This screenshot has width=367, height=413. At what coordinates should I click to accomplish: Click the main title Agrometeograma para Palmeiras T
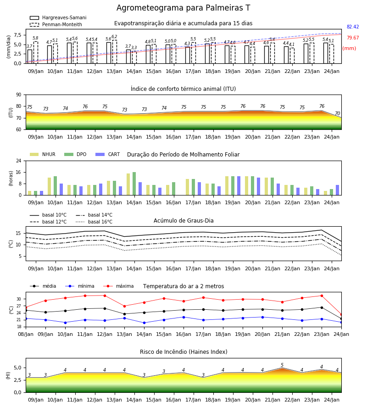click(x=183, y=8)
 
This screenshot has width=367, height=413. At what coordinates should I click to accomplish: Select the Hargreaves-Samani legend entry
click(x=58, y=17)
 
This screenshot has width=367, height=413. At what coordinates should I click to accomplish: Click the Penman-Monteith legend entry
click(x=56, y=24)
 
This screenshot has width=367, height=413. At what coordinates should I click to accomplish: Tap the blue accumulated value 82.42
click(x=353, y=27)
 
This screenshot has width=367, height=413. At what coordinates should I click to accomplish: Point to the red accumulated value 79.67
click(x=353, y=38)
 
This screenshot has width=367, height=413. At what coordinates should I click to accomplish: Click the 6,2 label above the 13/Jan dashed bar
click(x=114, y=37)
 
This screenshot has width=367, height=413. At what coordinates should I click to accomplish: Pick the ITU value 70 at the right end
click(x=338, y=113)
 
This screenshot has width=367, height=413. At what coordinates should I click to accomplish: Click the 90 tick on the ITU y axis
click(x=19, y=95)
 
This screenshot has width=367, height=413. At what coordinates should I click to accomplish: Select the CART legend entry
click(x=108, y=154)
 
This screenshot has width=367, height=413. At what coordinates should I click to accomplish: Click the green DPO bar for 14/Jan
click(x=134, y=184)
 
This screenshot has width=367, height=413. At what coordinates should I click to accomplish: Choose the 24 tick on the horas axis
click(x=19, y=161)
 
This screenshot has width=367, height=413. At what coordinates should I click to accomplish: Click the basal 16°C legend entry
click(x=94, y=222)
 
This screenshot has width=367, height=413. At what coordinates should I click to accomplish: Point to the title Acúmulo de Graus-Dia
click(x=183, y=221)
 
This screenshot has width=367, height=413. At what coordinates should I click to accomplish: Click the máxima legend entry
click(x=118, y=286)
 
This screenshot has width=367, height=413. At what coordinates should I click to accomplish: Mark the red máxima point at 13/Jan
click(x=124, y=306)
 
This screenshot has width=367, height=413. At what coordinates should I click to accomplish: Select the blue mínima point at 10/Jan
click(x=65, y=323)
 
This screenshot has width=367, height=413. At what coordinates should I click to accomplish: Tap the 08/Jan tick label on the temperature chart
click(x=26, y=334)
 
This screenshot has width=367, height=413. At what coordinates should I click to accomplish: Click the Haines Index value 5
click(x=282, y=365)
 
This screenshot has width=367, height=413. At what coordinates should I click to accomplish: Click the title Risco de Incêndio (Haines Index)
click(x=183, y=352)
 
